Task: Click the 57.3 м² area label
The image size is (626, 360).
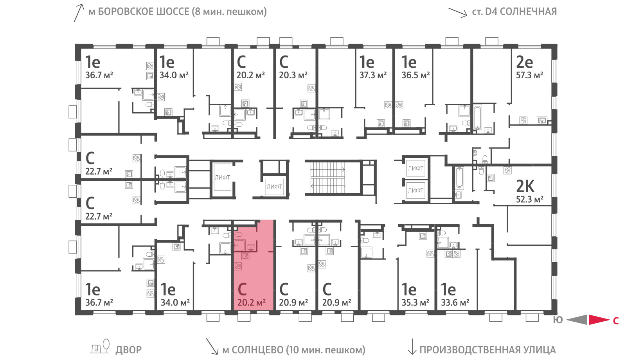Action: click(x=529, y=75)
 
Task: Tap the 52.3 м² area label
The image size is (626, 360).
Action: click(x=529, y=200)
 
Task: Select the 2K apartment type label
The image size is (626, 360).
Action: click(x=525, y=186)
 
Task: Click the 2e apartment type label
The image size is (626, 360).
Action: click(x=524, y=62)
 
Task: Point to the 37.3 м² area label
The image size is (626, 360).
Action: click(x=373, y=75)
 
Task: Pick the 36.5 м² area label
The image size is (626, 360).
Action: click(x=415, y=75)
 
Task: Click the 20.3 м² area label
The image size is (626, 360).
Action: click(x=293, y=75)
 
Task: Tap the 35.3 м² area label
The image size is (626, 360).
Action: click(x=415, y=302)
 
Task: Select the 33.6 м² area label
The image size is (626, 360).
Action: click(x=455, y=302)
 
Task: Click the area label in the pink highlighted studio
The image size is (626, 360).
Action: click(x=251, y=302)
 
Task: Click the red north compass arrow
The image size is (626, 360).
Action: click(x=599, y=320)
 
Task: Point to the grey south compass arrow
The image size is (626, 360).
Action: click(x=577, y=320)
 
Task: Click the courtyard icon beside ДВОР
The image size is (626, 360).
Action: click(x=100, y=347)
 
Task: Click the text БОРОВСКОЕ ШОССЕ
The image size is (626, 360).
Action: click(x=144, y=12)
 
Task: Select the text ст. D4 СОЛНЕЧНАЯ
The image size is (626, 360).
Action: click(x=514, y=12)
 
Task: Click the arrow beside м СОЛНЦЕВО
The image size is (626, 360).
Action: click(x=212, y=346)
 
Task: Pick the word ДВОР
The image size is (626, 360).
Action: click(x=129, y=350)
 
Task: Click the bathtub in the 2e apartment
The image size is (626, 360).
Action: click(x=477, y=118)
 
